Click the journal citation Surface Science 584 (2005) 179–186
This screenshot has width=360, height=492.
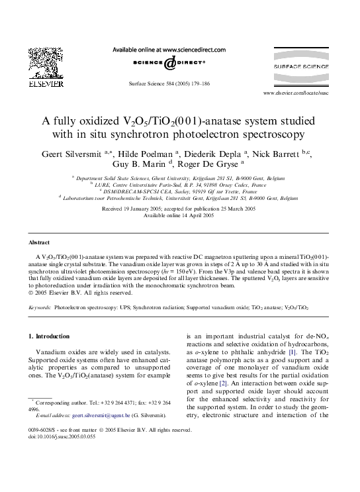click(x=179, y=85)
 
